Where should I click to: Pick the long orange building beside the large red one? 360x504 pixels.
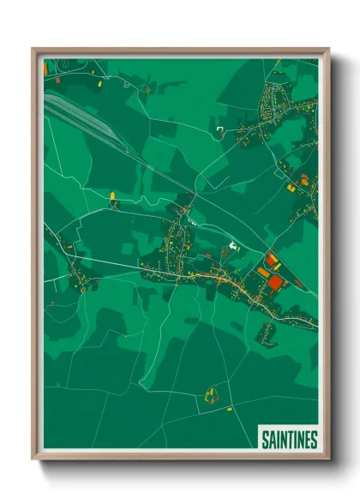click(x=263, y=272)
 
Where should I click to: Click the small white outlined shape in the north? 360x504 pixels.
click(x=220, y=129)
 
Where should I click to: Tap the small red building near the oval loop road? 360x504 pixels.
click(x=57, y=80)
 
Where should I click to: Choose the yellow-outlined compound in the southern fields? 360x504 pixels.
click(x=210, y=395)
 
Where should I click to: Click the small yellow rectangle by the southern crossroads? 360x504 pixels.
click(x=229, y=409)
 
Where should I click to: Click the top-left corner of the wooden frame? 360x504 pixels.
click(x=33, y=49)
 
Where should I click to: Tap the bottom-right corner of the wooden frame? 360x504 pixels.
click(x=329, y=459)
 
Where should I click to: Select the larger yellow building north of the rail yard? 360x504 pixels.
click(x=99, y=85)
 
